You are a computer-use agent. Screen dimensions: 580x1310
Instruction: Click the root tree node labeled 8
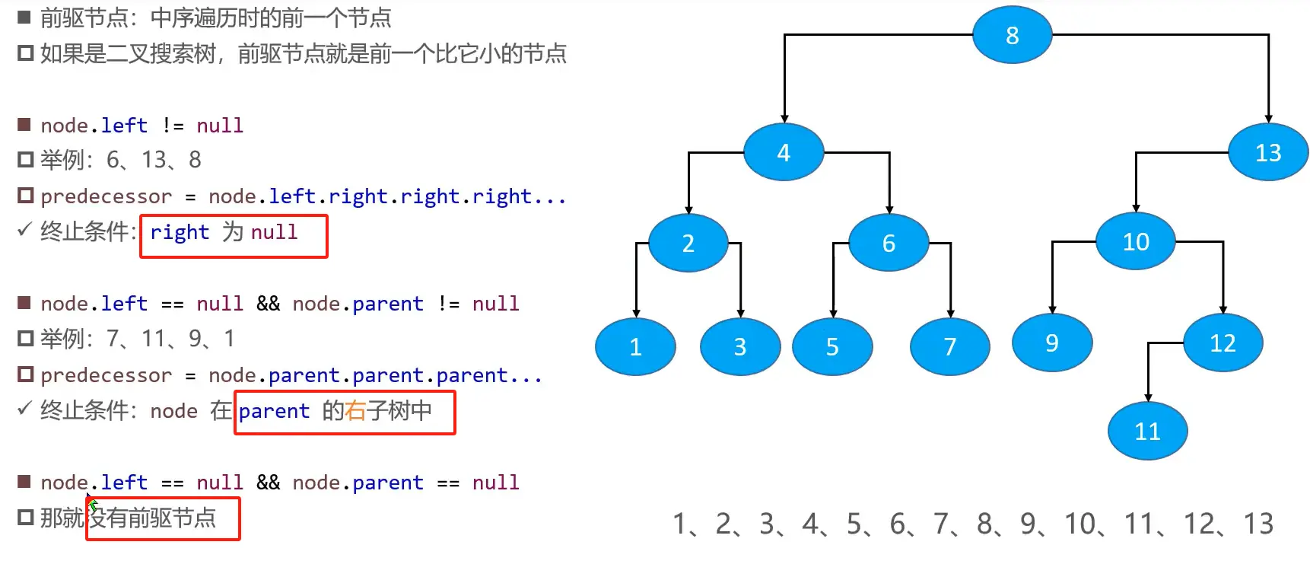coord(1012,35)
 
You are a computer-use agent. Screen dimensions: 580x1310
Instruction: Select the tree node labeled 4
coord(784,152)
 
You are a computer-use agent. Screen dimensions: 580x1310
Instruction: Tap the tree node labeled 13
coord(1268,152)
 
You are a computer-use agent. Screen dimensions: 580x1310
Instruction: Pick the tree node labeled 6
coord(889,243)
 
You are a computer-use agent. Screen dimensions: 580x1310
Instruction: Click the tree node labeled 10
coord(1136,241)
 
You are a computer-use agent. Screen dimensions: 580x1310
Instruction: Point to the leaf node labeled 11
coord(1147,432)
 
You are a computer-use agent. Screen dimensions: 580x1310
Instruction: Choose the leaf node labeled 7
coord(949,347)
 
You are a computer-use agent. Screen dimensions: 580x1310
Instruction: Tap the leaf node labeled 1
coord(635,347)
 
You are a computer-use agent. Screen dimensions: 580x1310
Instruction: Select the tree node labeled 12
coord(1223,343)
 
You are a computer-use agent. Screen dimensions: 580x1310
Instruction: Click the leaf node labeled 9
coord(1052,343)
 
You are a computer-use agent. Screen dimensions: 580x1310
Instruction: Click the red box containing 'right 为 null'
coord(234,237)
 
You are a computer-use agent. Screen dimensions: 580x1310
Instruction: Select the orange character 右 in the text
coord(355,411)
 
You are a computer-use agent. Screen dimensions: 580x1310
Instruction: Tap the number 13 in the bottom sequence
coord(1258,524)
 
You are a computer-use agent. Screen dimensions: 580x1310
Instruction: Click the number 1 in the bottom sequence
coord(680,524)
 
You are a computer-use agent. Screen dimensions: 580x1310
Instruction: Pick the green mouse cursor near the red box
coord(92,503)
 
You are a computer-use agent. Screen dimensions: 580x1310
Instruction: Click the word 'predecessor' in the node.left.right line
coord(106,196)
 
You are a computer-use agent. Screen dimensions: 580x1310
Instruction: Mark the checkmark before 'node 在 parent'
coord(24,409)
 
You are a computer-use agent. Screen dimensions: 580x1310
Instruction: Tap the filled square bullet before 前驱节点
coord(24,17)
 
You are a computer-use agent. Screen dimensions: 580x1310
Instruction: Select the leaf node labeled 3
coord(740,347)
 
